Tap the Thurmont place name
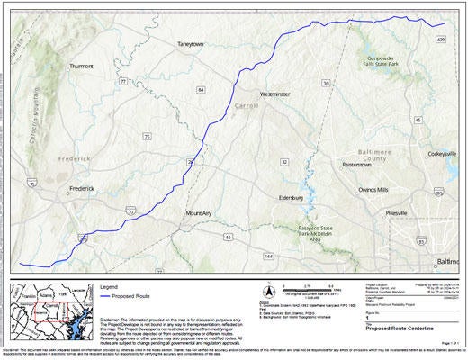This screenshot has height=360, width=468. pos(81,66)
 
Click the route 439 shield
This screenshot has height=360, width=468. pos(440,40)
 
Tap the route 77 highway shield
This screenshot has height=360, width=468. pos(122,81)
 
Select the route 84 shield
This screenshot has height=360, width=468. pos(201,91)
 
